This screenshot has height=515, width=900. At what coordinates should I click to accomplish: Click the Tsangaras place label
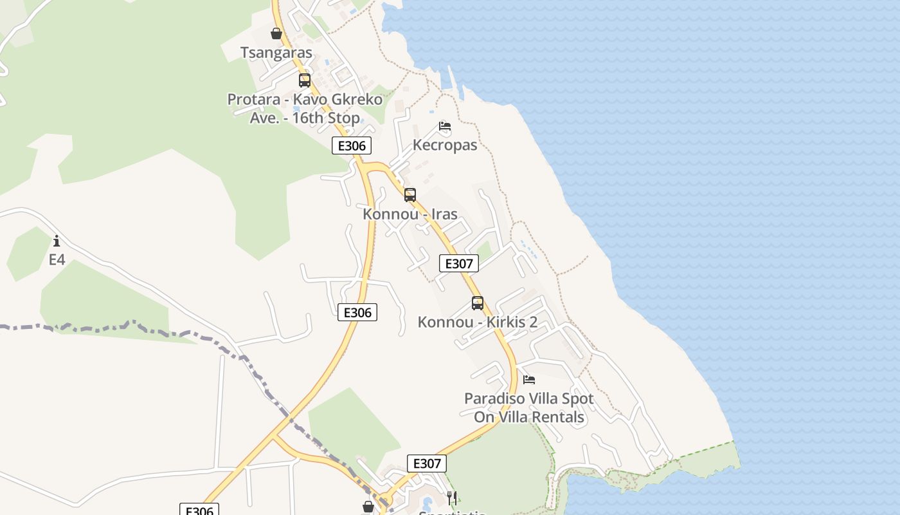pyautogui.click(x=276, y=53)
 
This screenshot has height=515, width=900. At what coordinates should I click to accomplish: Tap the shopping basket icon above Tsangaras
pyautogui.click(x=276, y=33)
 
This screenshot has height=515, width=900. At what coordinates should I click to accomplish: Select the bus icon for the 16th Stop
pyautogui.click(x=305, y=80)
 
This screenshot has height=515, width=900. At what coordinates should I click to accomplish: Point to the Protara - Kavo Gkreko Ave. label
pyautogui.click(x=305, y=109)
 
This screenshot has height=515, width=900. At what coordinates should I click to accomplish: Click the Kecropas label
pyautogui.click(x=445, y=145)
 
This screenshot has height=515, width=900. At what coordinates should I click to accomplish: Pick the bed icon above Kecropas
pyautogui.click(x=445, y=126)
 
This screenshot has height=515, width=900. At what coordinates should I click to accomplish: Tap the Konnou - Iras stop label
pyautogui.click(x=410, y=214)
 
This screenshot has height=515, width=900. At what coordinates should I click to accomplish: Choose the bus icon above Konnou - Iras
pyautogui.click(x=410, y=194)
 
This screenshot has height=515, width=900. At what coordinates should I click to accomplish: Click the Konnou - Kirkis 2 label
pyautogui.click(x=478, y=322)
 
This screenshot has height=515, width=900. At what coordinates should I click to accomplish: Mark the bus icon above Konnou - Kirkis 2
pyautogui.click(x=478, y=303)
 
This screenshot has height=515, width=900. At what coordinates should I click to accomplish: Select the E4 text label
pyautogui.click(x=57, y=260)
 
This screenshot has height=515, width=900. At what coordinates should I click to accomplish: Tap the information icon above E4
pyautogui.click(x=57, y=241)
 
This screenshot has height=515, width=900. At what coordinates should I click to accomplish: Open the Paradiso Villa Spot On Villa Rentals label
pyautogui.click(x=529, y=407)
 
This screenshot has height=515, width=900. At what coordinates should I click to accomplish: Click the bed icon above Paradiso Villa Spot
pyautogui.click(x=529, y=380)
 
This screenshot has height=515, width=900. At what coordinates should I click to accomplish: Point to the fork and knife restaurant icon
pyautogui.click(x=452, y=498)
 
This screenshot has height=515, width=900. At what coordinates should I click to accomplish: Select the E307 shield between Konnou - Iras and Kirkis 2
pyautogui.click(x=459, y=263)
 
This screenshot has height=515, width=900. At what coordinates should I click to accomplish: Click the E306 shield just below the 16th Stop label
pyautogui.click(x=352, y=145)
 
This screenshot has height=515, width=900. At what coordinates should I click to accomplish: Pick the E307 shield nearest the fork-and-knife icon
pyautogui.click(x=427, y=464)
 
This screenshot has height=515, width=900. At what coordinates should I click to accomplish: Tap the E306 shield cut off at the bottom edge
pyautogui.click(x=199, y=510)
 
